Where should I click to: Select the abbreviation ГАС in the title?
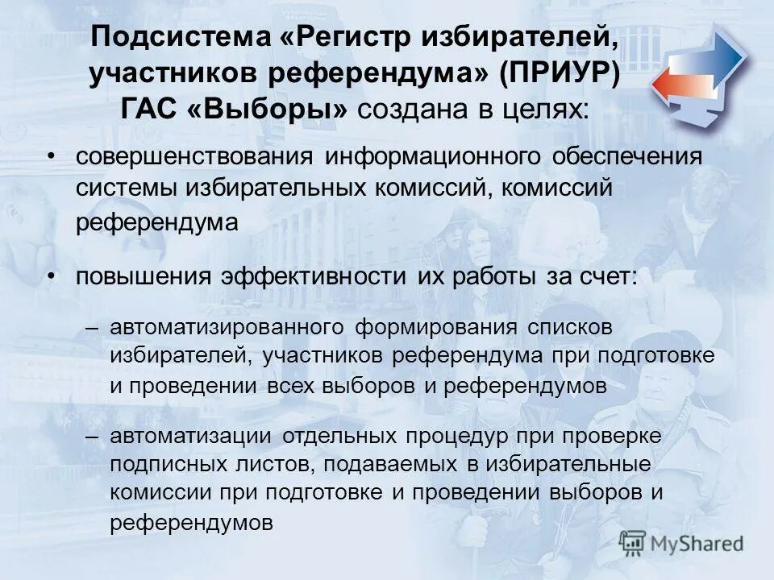[149, 110]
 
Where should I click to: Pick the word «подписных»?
[164, 465]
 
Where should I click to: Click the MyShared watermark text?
[694, 543]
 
